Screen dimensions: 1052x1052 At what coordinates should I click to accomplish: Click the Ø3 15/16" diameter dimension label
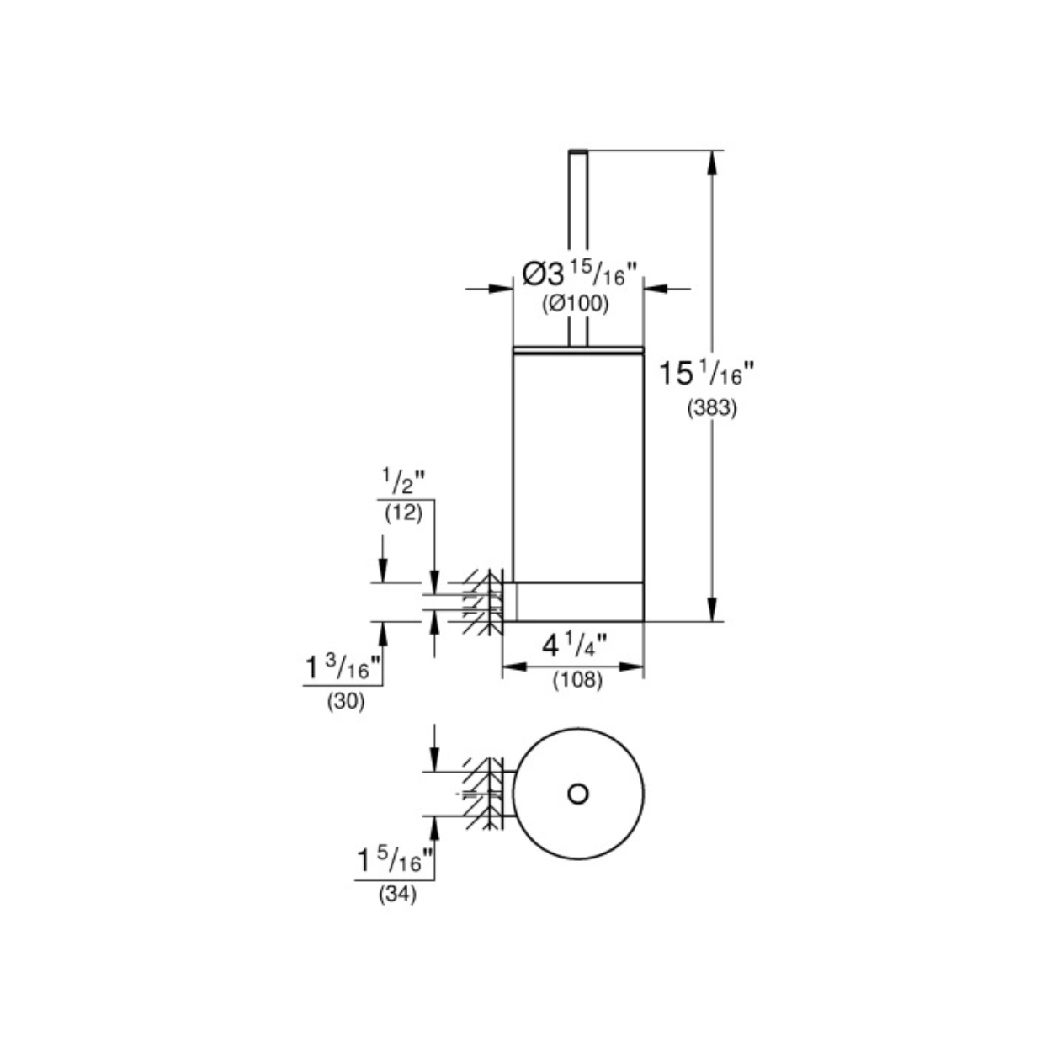580,274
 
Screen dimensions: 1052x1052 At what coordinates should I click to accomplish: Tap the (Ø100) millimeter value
575,304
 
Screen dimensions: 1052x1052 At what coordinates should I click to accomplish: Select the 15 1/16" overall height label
706,374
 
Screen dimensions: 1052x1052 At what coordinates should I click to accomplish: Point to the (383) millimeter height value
712,408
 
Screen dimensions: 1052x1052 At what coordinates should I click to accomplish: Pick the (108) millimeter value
577,680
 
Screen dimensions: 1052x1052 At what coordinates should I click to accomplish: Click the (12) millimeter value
404,513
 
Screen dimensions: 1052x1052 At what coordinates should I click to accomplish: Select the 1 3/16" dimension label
343,667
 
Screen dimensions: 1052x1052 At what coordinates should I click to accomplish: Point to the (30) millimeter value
346,702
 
